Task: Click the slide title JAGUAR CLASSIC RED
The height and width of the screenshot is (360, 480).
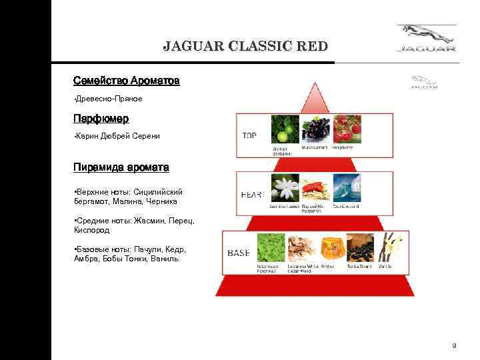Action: point(245,46)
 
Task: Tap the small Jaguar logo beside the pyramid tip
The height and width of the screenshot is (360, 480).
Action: point(423,82)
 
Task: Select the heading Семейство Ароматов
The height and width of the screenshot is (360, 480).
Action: point(126,81)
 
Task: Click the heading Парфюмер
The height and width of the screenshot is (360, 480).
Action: point(101,118)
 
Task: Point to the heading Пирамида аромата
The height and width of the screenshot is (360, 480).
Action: point(121,166)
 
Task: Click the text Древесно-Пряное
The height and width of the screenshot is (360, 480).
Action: point(109,99)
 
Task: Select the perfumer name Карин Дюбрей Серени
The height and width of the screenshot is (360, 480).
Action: point(118,136)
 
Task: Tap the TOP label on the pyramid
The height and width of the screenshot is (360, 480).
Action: point(249,135)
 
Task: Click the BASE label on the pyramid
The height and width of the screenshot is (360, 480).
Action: point(239,253)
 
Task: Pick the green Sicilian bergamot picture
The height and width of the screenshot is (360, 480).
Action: point(285,129)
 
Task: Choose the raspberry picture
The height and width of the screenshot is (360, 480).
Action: point(347,129)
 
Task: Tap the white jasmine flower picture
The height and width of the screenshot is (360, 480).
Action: point(285,189)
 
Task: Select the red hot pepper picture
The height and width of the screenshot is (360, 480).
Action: point(316,189)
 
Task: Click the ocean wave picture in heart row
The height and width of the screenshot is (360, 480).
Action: point(347,189)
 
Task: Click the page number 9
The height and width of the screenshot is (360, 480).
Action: point(453,345)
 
